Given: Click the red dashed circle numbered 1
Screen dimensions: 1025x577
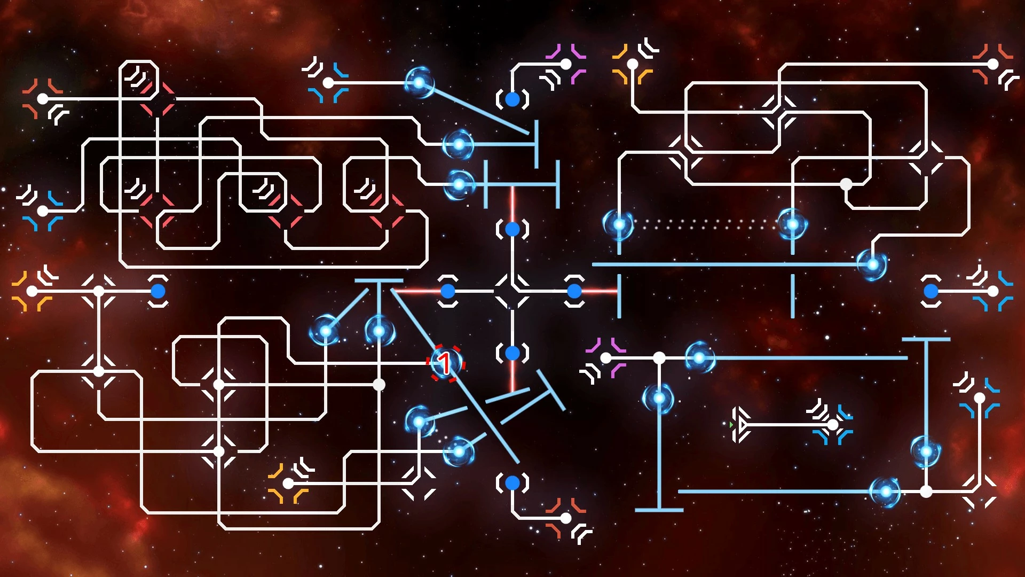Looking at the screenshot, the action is (x=446, y=363).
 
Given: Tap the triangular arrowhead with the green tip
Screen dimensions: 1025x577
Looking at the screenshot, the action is (x=739, y=425).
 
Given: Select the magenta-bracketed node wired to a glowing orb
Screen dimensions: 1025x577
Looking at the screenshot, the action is (x=606, y=358).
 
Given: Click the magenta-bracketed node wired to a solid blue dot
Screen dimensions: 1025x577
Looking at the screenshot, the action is (x=566, y=64).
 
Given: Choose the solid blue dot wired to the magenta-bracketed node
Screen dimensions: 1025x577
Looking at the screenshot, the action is (x=512, y=99).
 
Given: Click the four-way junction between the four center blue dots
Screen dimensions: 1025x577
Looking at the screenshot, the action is (x=512, y=291).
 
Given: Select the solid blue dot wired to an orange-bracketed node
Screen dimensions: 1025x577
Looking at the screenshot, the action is (x=158, y=291).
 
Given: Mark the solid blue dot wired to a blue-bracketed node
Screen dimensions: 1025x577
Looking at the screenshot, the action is (x=931, y=291).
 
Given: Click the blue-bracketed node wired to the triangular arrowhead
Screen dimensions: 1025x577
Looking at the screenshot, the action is (x=833, y=425).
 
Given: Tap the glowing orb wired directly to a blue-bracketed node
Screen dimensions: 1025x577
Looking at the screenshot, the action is (x=419, y=83).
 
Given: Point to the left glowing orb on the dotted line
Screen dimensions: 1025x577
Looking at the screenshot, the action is (x=619, y=224).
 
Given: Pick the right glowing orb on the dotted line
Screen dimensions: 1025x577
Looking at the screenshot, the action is (x=793, y=224).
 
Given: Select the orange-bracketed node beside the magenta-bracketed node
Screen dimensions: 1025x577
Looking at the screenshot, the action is (x=633, y=64).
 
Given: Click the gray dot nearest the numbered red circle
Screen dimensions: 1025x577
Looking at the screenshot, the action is (x=379, y=385).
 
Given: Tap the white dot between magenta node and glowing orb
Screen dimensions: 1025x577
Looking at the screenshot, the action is (x=659, y=358).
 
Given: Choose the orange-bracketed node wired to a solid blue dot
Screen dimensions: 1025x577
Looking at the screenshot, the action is (x=32, y=291).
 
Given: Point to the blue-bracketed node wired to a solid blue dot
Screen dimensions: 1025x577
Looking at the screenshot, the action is (x=993, y=291).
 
